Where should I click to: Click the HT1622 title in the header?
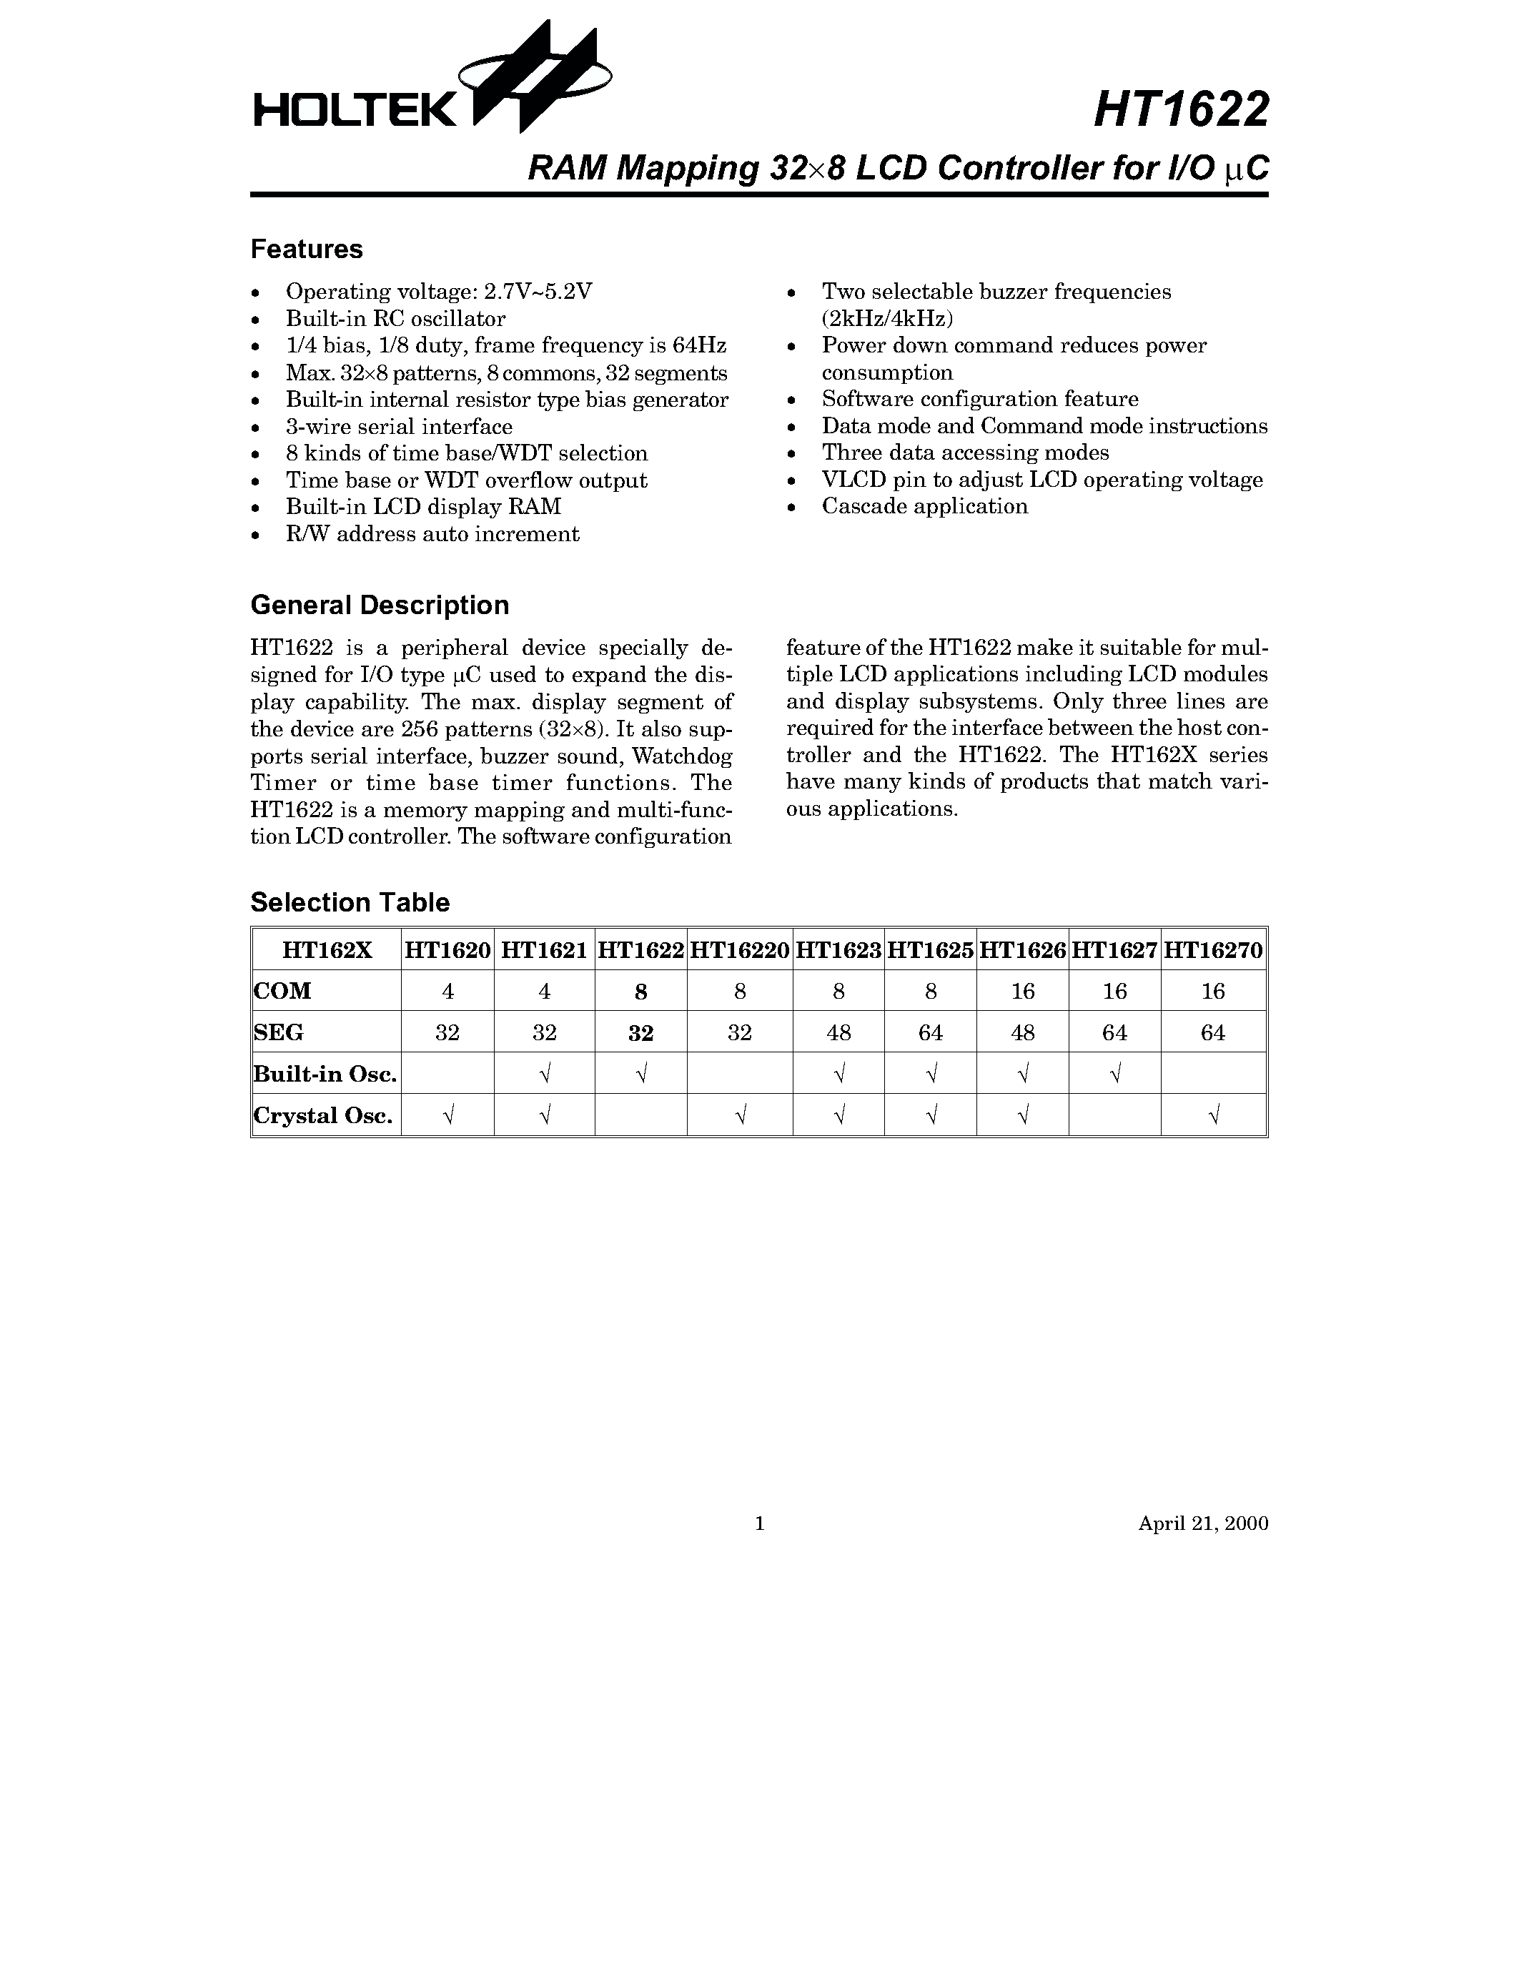tap(1181, 111)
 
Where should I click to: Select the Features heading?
tap(306, 250)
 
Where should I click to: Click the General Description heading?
tap(379, 605)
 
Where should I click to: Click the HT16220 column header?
tap(740, 949)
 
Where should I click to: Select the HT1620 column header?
tap(447, 949)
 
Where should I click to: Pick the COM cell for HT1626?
tap(1022, 991)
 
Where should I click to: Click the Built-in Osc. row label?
tap(325, 1074)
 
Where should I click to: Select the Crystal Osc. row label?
tap(323, 1116)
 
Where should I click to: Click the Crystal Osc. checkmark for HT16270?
tap(1212, 1116)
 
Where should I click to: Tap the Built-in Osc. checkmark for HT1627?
tap(1114, 1074)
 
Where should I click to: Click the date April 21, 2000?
tap(1202, 1523)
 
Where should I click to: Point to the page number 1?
tap(759, 1523)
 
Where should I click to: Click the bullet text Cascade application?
tap(924, 506)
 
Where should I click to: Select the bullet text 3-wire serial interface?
tap(399, 427)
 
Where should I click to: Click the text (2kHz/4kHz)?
tap(886, 319)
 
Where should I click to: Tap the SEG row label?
tap(278, 1032)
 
